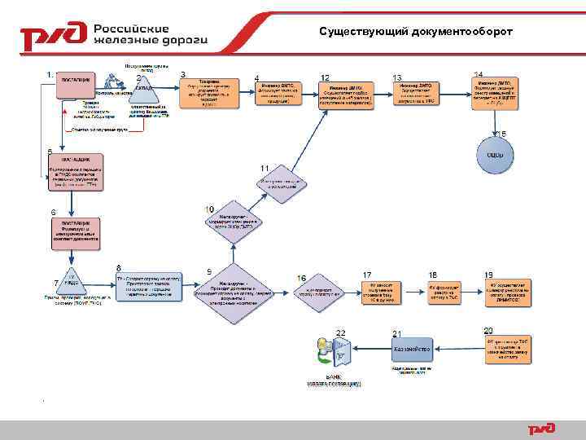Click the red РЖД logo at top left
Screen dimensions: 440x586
pyautogui.click(x=54, y=36)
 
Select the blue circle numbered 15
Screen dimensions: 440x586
pyautogui.click(x=495, y=155)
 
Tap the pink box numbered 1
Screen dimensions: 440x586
pyautogui.click(x=77, y=86)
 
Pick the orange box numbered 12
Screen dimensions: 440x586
pyautogui.click(x=346, y=95)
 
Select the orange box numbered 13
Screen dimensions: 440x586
pyautogui.click(x=420, y=95)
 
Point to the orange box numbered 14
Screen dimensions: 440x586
pyautogui.click(x=495, y=94)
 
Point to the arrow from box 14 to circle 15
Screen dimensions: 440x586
pyautogui.click(x=495, y=122)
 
